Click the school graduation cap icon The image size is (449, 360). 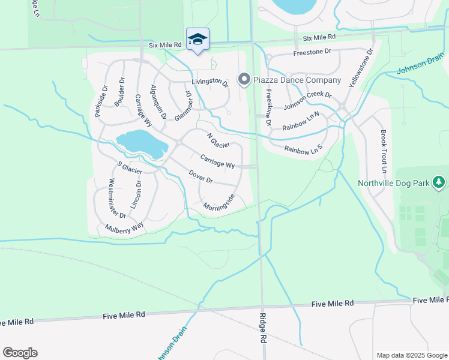coord(197,40)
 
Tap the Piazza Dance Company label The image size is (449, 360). coord(297,80)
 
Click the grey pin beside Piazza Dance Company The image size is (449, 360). coord(244,79)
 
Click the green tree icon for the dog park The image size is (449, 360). coord(439,182)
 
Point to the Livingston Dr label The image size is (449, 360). coord(210,82)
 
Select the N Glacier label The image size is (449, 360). coord(218,141)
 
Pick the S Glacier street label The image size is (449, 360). coord(130,168)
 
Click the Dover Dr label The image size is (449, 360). coord(201,177)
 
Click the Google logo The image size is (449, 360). coord(20,353)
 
